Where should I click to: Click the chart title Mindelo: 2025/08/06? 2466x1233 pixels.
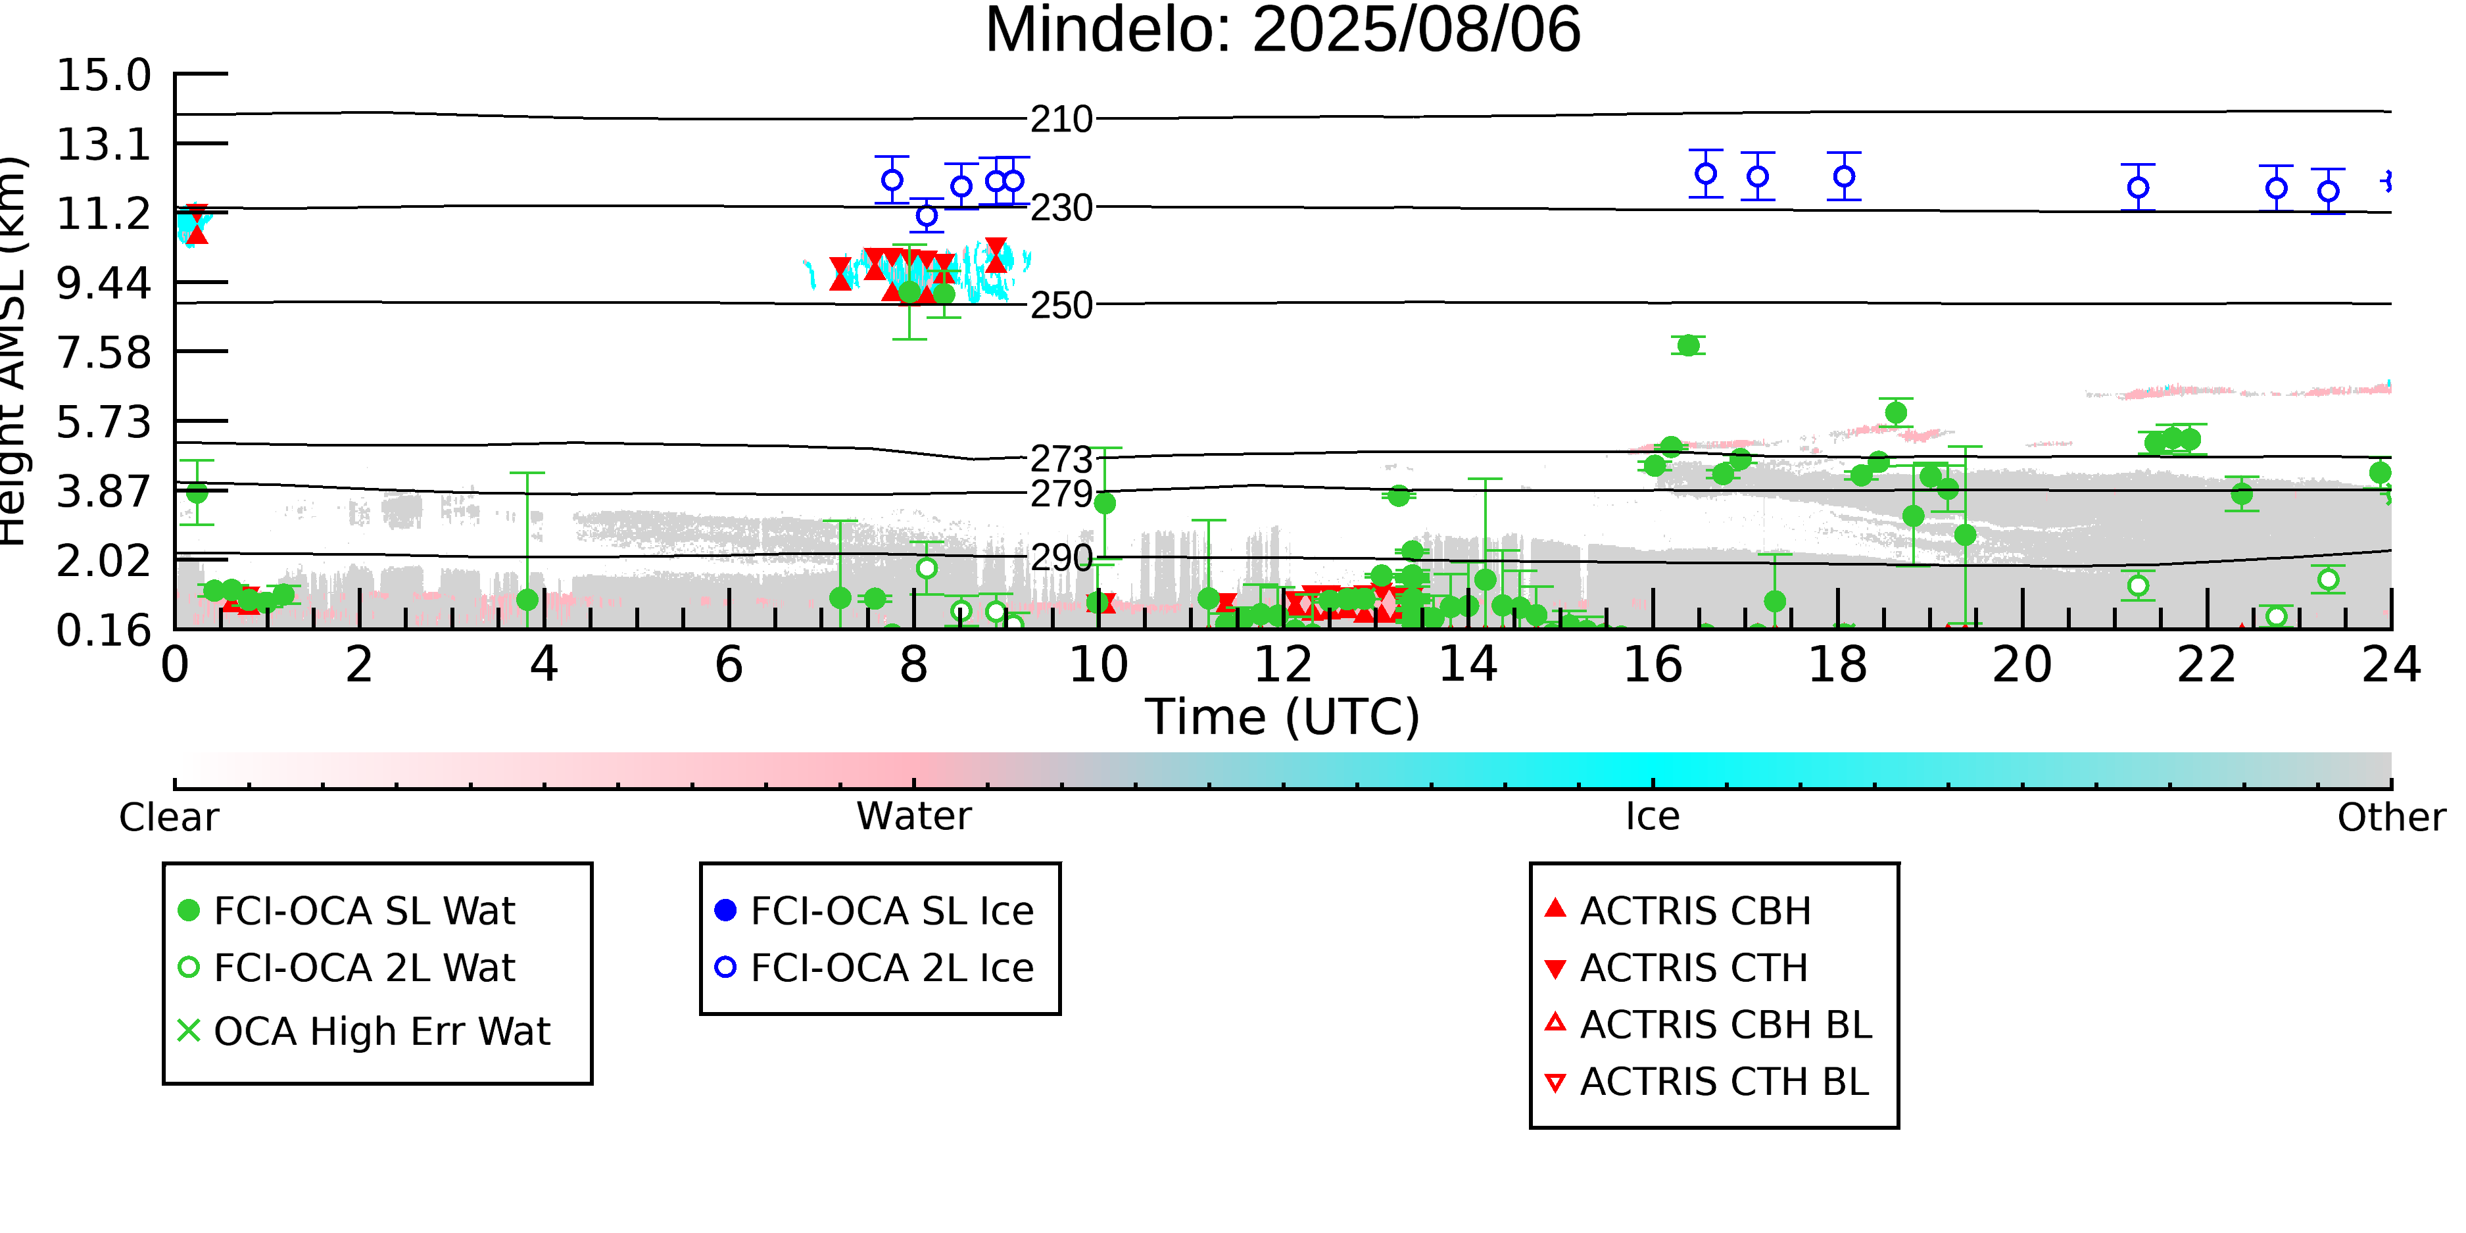(1283, 31)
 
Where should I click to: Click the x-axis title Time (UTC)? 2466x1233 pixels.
(1283, 717)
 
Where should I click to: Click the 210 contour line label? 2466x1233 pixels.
(1061, 120)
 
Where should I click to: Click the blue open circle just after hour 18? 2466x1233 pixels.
(1845, 177)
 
